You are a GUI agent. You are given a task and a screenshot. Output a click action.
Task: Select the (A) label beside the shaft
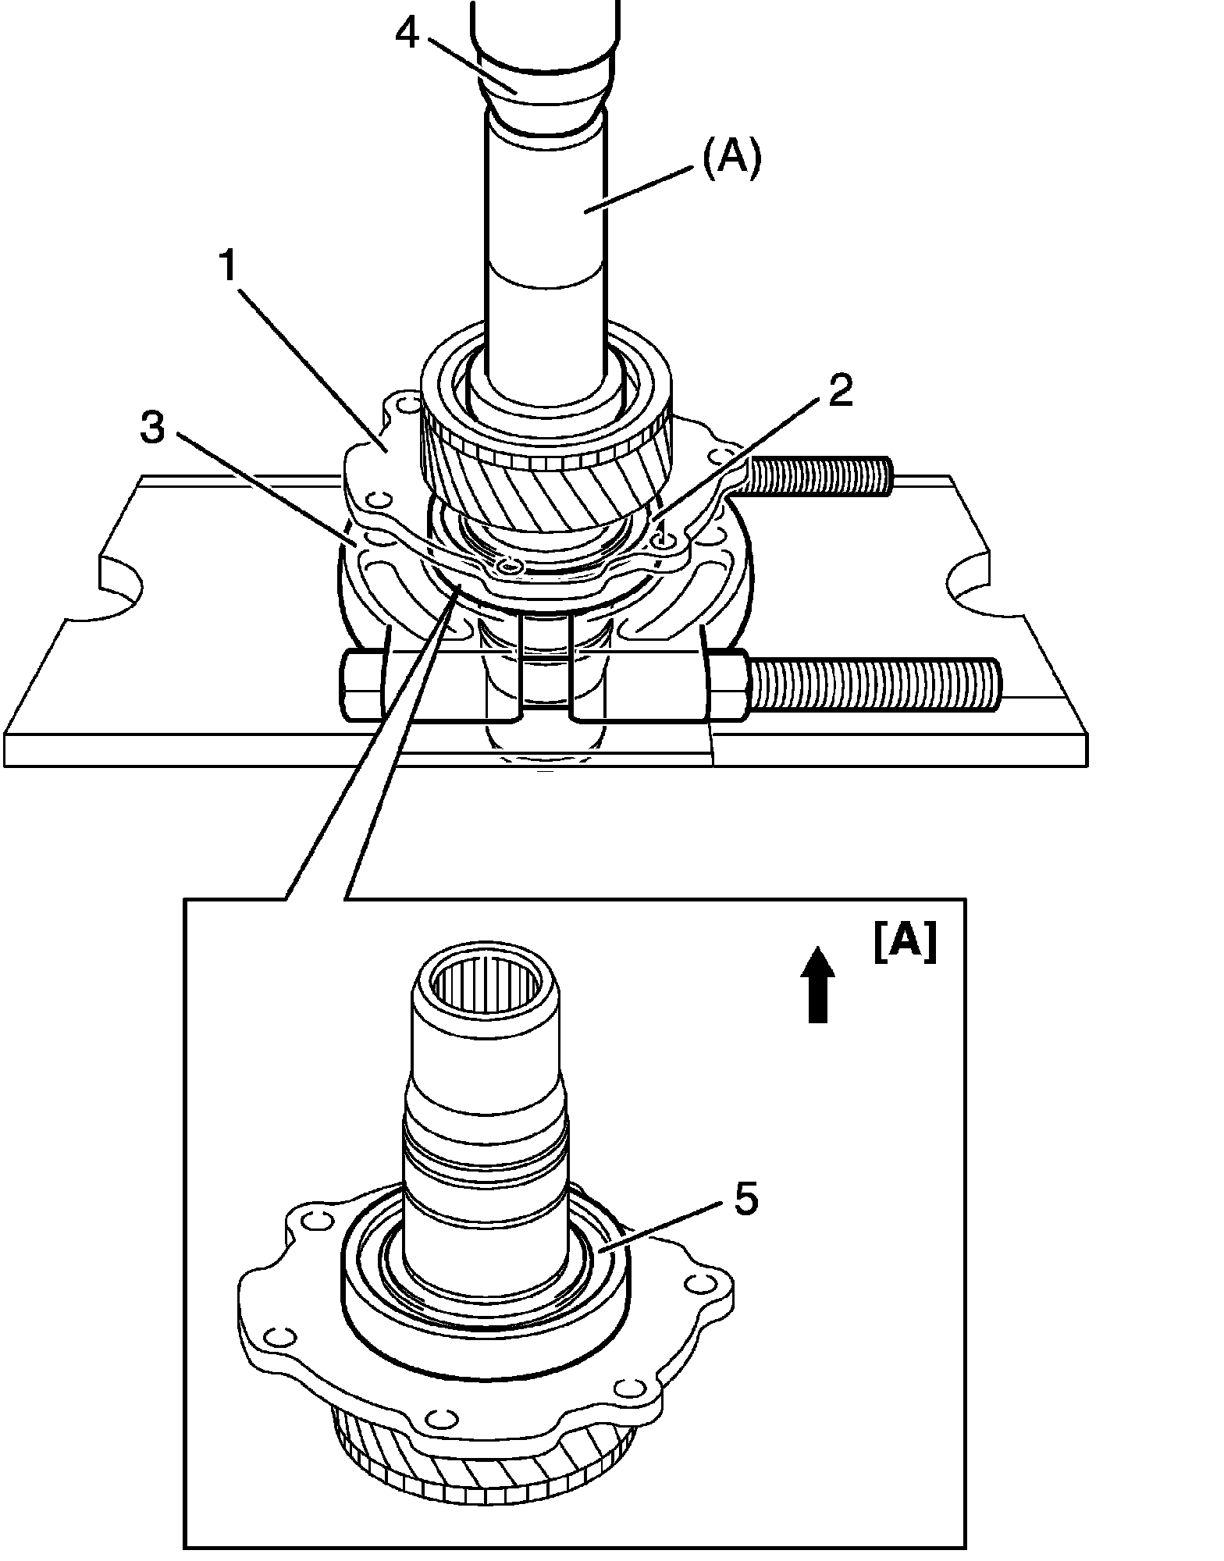click(731, 161)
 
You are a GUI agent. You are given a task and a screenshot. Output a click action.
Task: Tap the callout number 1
click(227, 267)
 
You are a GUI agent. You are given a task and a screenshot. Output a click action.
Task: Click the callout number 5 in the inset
click(745, 1200)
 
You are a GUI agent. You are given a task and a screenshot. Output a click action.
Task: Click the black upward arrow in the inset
click(817, 985)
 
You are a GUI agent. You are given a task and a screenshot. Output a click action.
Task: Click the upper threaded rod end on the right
click(820, 475)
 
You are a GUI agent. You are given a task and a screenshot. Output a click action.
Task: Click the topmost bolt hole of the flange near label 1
click(404, 404)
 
